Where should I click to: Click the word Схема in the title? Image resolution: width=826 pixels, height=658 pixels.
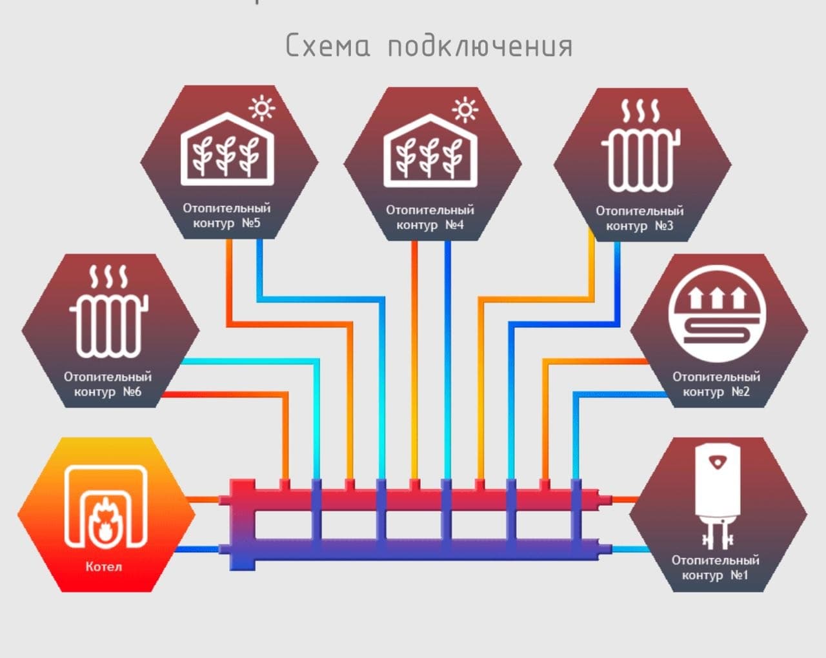click(x=328, y=45)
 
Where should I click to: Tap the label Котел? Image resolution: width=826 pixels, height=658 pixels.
click(x=104, y=566)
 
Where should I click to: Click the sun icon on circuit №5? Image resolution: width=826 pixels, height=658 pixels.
click(x=262, y=108)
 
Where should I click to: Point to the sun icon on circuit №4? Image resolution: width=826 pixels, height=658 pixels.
click(x=465, y=110)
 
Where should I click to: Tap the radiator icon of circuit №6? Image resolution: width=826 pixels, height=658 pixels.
click(x=108, y=311)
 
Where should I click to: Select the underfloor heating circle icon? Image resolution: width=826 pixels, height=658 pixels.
click(x=717, y=314)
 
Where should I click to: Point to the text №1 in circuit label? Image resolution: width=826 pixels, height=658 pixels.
click(x=739, y=575)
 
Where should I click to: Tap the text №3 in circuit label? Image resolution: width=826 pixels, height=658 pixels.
click(x=663, y=226)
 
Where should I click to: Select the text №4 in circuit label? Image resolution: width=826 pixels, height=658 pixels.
click(x=454, y=224)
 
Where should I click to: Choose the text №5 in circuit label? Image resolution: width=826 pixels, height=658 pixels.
click(x=250, y=223)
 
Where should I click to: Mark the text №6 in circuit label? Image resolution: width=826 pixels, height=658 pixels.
click(x=132, y=392)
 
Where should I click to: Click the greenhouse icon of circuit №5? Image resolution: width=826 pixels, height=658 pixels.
click(x=227, y=149)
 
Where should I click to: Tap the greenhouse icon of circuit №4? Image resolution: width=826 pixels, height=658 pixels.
click(x=430, y=150)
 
